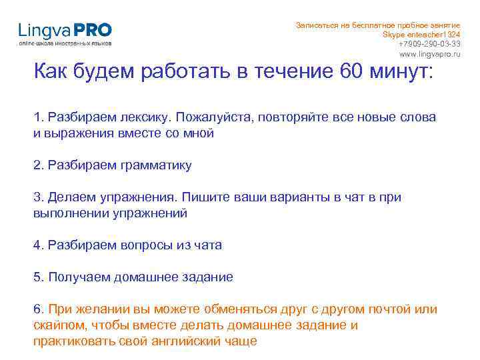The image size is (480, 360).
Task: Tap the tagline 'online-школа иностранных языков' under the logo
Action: pos(65,43)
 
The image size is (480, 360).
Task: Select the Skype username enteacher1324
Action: pos(432,34)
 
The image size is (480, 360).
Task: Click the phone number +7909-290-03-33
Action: pos(429,43)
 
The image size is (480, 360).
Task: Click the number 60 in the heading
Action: pos(355,71)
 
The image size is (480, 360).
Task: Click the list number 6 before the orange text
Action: pos(37,309)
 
